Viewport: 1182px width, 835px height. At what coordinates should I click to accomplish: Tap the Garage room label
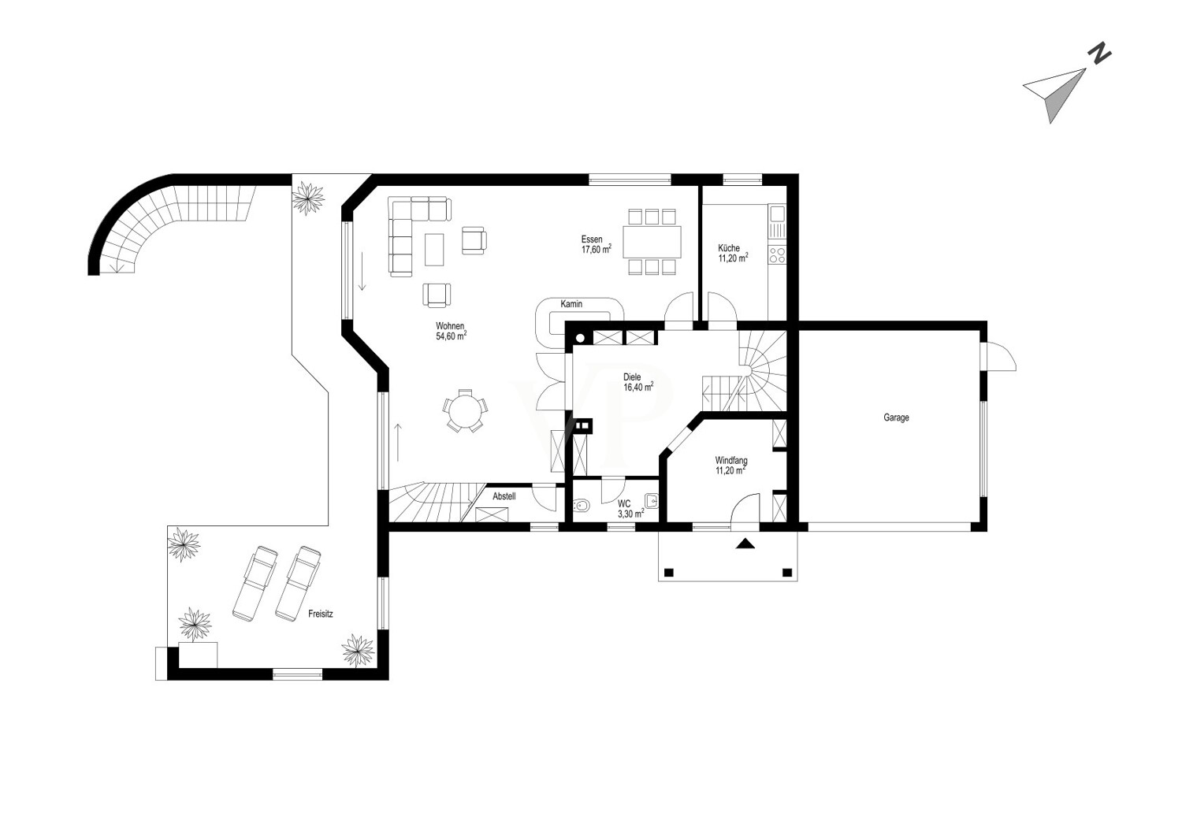[x=896, y=417]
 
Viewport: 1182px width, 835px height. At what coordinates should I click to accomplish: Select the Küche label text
[x=729, y=247]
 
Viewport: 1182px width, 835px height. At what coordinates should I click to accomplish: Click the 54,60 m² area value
[x=452, y=336]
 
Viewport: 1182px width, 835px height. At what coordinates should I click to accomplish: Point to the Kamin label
[x=571, y=304]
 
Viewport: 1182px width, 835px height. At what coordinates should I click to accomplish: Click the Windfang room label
[x=731, y=460]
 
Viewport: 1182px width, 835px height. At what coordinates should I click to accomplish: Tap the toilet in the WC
[x=581, y=506]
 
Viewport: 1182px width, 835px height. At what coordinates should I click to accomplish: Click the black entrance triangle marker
[x=745, y=543]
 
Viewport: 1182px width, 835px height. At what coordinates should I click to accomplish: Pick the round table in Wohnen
[x=465, y=410]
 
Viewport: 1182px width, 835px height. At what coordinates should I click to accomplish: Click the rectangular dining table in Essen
[x=652, y=242]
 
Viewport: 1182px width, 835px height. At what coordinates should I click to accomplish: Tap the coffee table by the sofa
[x=434, y=250]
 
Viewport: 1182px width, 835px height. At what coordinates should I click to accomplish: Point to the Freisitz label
[x=320, y=614]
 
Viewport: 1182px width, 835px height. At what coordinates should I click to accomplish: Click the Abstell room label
[x=504, y=496]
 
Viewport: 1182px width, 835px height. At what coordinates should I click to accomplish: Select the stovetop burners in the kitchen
[x=777, y=255]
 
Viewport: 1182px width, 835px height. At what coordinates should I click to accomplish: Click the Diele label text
[x=632, y=377]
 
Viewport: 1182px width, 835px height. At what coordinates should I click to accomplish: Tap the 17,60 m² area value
[x=597, y=250]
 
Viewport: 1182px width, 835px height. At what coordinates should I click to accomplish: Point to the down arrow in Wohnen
[x=362, y=272]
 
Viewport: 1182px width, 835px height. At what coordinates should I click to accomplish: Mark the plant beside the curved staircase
[x=308, y=198]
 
